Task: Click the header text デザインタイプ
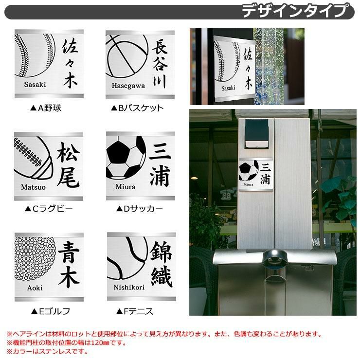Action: [295, 11]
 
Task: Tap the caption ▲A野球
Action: [46, 108]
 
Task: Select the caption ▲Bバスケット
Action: [137, 108]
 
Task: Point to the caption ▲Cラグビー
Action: [49, 209]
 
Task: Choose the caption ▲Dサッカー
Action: [139, 209]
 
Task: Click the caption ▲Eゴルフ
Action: [51, 311]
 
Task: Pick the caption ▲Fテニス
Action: [135, 311]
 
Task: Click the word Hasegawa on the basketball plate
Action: [128, 86]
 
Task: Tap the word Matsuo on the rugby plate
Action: [33, 187]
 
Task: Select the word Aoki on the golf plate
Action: [35, 288]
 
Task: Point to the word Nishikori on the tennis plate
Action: [129, 287]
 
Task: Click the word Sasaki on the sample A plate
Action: [35, 84]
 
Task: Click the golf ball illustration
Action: [35, 258]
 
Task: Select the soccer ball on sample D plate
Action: [126, 158]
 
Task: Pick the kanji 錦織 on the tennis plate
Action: [161, 264]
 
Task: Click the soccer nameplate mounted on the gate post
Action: [256, 175]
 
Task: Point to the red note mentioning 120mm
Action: [67, 343]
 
